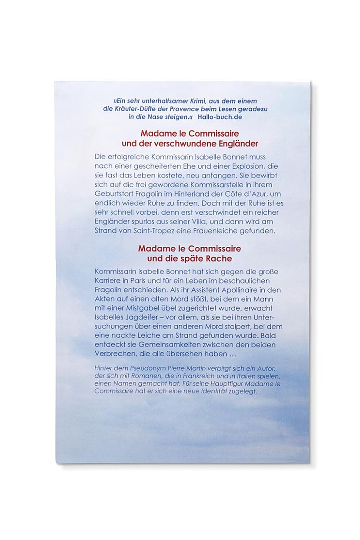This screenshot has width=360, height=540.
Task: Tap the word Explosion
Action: [240, 166]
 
